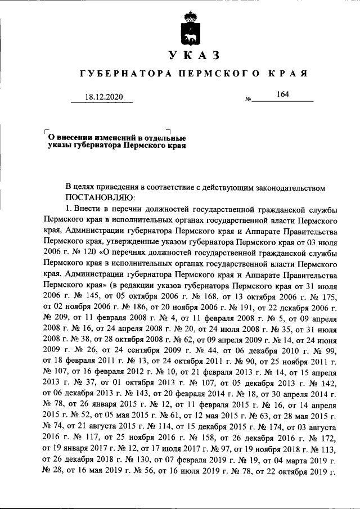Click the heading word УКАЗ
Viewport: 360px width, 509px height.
coord(192,55)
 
